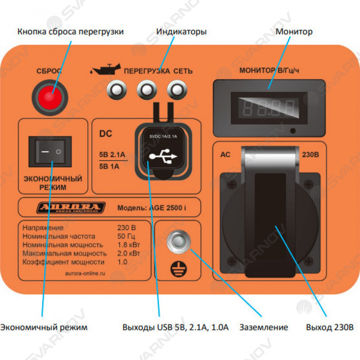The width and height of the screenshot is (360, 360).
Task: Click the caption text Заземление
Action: coord(264,327)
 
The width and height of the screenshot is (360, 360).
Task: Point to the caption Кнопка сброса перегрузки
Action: coord(70,32)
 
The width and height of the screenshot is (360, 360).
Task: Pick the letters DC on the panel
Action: coord(105,134)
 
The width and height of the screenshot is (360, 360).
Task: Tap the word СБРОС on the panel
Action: coord(49,71)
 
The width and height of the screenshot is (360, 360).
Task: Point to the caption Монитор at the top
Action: coord(294,32)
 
